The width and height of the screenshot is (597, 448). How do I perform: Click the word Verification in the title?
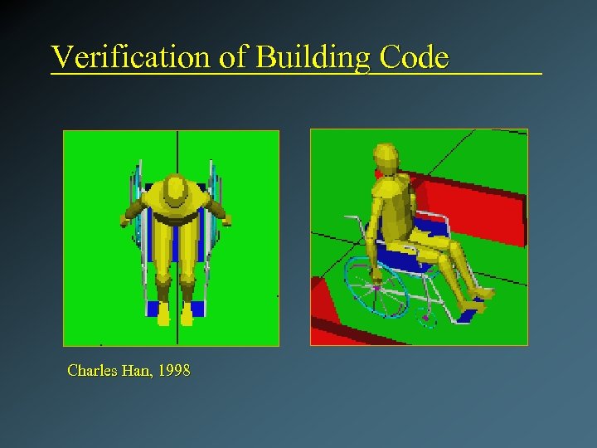pos(131,57)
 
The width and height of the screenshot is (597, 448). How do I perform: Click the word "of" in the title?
pos(234,57)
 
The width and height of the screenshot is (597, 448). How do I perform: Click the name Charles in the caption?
pos(91,371)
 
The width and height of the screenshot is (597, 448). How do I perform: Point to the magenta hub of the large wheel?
pos(377,289)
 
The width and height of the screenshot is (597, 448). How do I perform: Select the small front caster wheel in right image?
pos(427,316)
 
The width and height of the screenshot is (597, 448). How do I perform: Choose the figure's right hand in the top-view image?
pos(225,220)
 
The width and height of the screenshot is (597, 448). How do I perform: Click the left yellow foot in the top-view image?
pos(163,314)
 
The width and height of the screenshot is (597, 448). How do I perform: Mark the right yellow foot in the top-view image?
pos(188,314)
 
